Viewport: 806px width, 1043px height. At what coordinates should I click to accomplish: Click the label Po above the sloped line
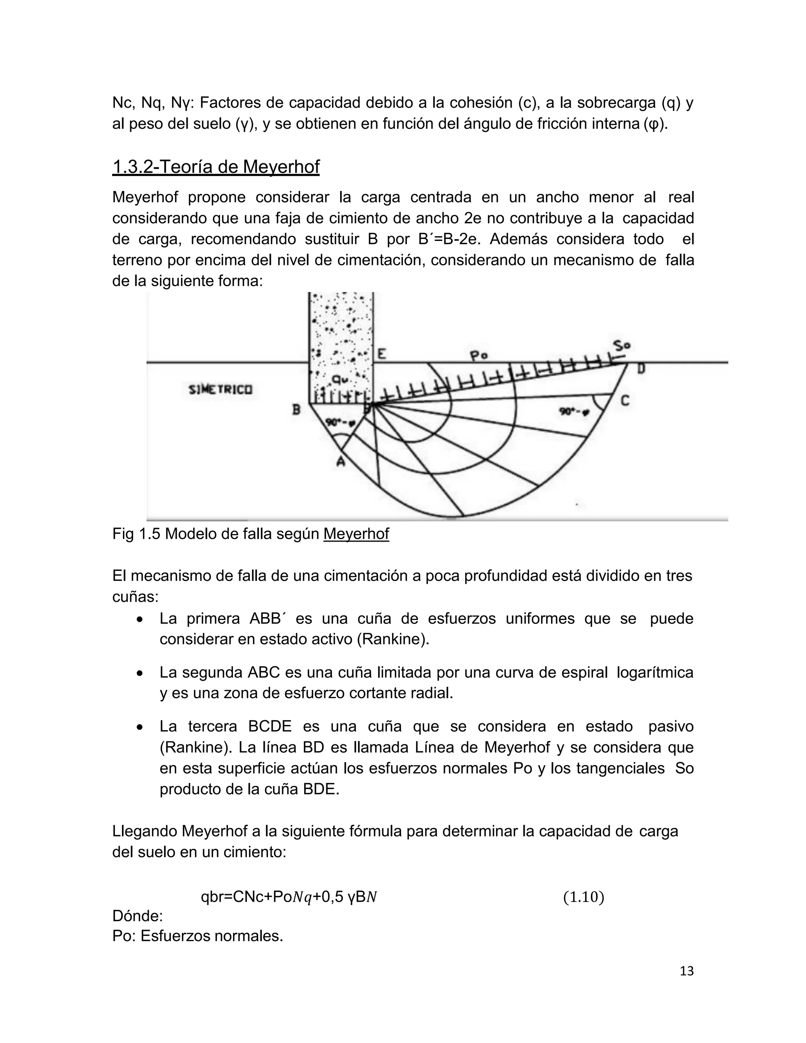click(x=478, y=356)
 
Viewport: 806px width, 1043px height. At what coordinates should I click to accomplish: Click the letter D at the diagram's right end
click(x=641, y=369)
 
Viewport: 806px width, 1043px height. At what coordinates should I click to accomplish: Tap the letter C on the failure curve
click(x=625, y=401)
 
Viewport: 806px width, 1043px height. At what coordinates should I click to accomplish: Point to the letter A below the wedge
click(x=340, y=461)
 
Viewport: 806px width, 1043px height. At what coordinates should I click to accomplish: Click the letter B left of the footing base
click(x=296, y=410)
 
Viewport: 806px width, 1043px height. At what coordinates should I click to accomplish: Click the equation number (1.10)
click(x=584, y=897)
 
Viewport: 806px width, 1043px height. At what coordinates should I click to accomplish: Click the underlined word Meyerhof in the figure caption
click(x=356, y=534)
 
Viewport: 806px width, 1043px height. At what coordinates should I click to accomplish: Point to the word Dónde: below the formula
click(x=137, y=916)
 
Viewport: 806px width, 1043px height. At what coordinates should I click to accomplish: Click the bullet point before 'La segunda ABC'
click(x=139, y=674)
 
